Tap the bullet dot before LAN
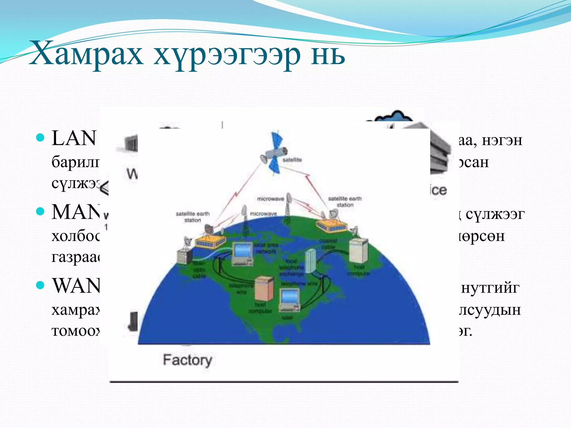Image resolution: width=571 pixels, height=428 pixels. point(41,138)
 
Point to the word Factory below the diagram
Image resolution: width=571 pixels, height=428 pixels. point(187,360)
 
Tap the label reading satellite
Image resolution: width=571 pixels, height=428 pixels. point(292,160)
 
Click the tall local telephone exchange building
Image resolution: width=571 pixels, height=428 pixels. point(310,261)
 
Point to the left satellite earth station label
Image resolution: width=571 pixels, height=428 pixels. point(192,217)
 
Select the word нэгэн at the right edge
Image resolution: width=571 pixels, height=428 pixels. point(502,140)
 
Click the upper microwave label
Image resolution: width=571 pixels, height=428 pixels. point(270,199)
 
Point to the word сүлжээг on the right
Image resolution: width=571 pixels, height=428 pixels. point(495,214)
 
